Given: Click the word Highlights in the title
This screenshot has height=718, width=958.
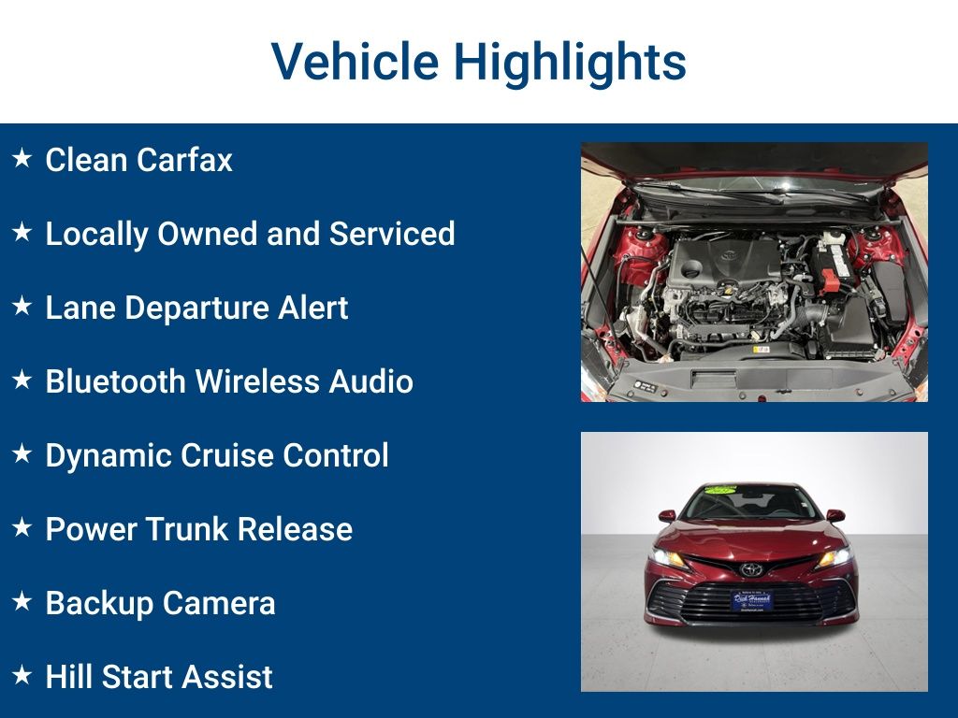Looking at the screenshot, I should (x=570, y=62).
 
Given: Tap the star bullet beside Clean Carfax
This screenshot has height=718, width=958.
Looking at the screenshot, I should (x=22, y=158).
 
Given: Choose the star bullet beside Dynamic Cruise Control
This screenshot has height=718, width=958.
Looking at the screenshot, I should (x=22, y=453).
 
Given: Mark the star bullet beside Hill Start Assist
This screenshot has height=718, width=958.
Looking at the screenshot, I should (x=22, y=675).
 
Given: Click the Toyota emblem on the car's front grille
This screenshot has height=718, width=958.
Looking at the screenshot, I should (x=750, y=568).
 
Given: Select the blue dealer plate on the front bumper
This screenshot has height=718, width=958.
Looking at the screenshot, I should (x=751, y=599).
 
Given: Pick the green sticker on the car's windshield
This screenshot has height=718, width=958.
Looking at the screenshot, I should (x=721, y=489).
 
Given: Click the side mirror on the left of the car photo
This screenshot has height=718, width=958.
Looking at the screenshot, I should (x=667, y=515).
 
